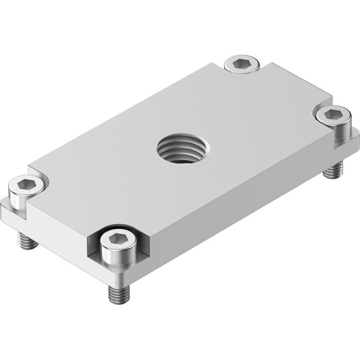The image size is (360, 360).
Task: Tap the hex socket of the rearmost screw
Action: pyautogui.click(x=241, y=63)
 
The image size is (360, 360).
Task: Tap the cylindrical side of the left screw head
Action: pyautogui.click(x=21, y=197)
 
